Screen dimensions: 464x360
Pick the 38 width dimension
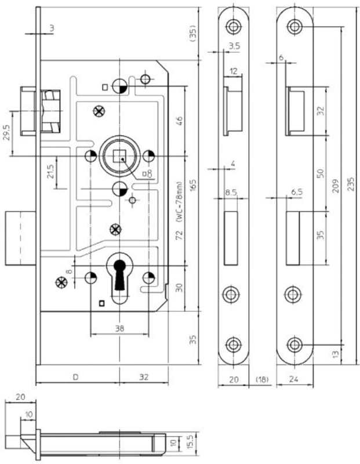[x=119, y=328]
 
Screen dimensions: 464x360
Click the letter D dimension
[x=75, y=378]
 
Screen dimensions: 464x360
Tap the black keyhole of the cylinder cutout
[x=120, y=277]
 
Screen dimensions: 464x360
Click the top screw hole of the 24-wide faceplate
[x=296, y=26]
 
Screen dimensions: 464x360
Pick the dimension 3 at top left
[x=52, y=28]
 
